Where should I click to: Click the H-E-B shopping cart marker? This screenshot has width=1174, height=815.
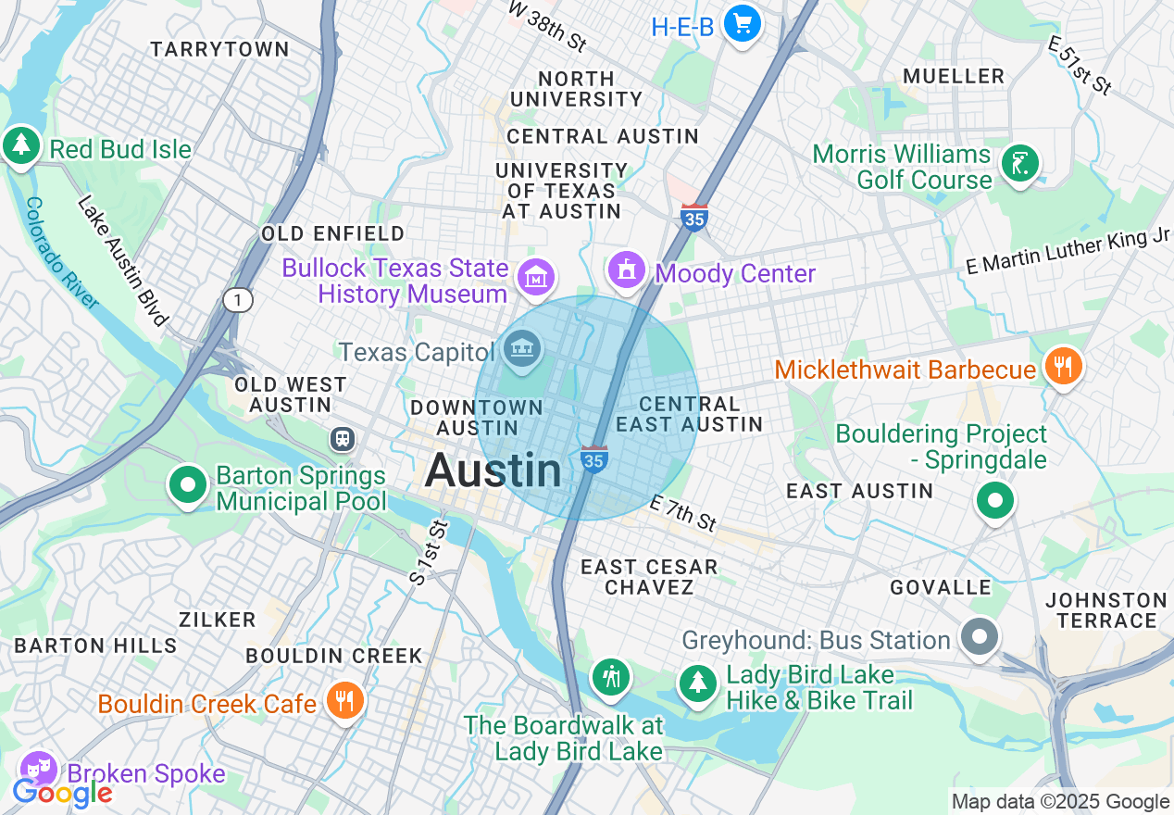tap(741, 24)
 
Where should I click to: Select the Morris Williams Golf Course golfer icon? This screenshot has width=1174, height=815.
tap(1019, 165)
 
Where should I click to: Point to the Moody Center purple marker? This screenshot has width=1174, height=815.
tap(627, 270)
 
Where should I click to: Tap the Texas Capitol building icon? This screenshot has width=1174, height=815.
tap(521, 350)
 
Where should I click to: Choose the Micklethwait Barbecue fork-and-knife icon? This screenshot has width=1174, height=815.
tap(1063, 366)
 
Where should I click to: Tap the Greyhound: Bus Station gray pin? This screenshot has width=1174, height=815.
tap(980, 637)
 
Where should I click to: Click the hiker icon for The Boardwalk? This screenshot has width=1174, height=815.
tap(611, 677)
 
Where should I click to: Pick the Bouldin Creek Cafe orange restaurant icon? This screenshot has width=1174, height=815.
tap(344, 701)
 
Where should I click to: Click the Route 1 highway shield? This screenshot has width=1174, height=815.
tap(238, 299)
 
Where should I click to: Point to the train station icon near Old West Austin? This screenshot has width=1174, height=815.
tap(343, 438)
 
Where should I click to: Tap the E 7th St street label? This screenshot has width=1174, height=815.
tap(683, 513)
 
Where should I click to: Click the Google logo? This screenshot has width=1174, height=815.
tap(61, 793)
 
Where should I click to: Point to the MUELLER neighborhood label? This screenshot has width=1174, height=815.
tap(953, 76)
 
